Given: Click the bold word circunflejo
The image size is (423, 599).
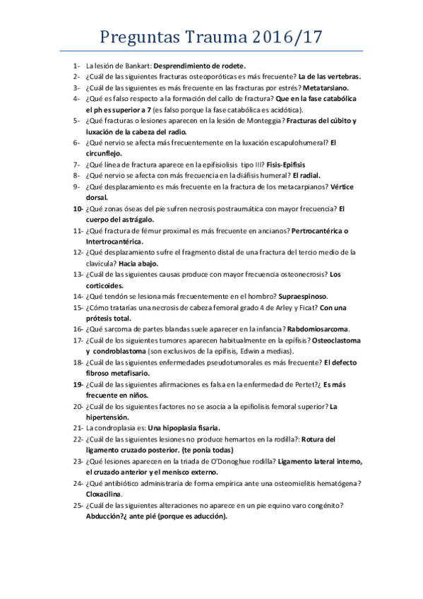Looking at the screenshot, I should (105, 153).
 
